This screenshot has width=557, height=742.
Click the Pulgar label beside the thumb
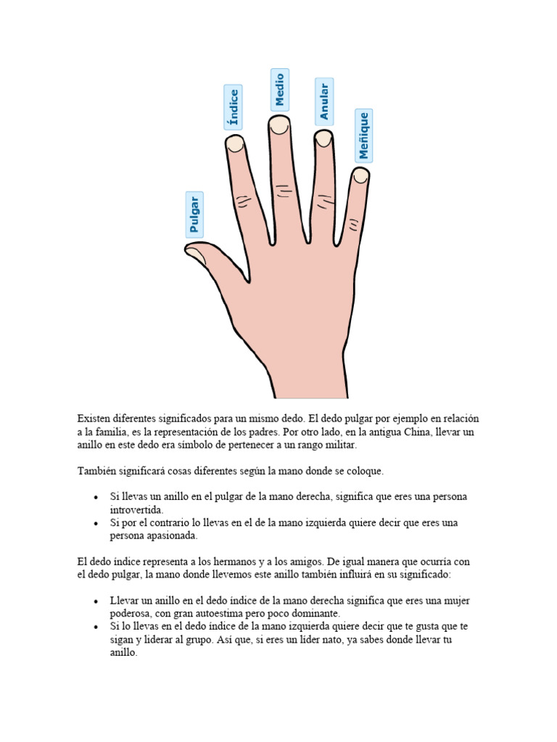coord(194,214)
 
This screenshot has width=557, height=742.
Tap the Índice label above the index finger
coord(233,107)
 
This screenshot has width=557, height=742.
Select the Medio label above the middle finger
coord(279,90)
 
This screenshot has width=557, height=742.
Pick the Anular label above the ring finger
coord(323,101)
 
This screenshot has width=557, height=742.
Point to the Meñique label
coord(363,136)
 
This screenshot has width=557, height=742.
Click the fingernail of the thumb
coord(196,252)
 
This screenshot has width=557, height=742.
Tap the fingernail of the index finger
coord(235,144)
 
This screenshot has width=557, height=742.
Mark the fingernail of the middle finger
coord(279,125)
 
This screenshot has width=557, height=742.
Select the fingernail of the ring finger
coord(323,138)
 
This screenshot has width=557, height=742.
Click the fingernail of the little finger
coord(360,175)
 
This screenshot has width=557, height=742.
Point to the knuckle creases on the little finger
coord(353,226)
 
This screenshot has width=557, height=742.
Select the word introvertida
coord(137,509)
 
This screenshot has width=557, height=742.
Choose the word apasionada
coord(172,535)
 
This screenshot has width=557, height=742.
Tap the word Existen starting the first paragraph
coord(94,419)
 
